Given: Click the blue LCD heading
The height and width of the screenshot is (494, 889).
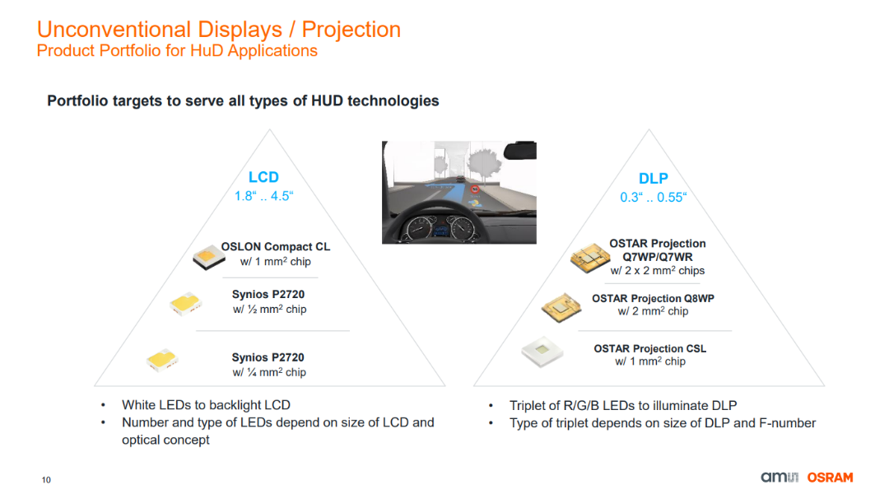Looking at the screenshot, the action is coord(263,177).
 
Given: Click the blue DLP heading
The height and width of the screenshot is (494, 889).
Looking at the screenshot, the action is coord(653,179).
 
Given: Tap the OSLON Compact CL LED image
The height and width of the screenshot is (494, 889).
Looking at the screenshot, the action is coord(208,257).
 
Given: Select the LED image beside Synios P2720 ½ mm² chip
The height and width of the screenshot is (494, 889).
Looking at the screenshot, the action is coord(185,304).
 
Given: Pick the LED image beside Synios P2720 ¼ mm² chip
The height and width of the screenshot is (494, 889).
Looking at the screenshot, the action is coord(162,360).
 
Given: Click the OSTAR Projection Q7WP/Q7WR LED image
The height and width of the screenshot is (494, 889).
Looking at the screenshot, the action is coord(589,258).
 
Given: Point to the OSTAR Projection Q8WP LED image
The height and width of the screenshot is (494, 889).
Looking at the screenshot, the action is coord(561,307).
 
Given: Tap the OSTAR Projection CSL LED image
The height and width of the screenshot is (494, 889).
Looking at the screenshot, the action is coord(542,352).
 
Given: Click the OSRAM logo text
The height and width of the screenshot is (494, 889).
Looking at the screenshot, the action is coord(830,478).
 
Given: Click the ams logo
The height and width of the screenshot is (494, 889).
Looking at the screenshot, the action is coord(780,478).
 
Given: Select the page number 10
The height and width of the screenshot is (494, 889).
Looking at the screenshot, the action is coord(46,480).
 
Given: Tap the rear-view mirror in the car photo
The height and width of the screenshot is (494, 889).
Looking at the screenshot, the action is coord(520,151).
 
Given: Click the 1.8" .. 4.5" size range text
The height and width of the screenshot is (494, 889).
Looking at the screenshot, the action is coord(263,196).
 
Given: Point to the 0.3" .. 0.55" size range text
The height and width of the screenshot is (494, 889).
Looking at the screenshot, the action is coord(653,198).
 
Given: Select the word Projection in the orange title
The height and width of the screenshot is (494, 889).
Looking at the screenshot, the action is coord(351,30).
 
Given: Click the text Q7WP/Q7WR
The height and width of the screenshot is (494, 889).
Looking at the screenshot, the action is coord(658,257).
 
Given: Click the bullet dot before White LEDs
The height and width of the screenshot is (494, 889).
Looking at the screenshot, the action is coord(103,406).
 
